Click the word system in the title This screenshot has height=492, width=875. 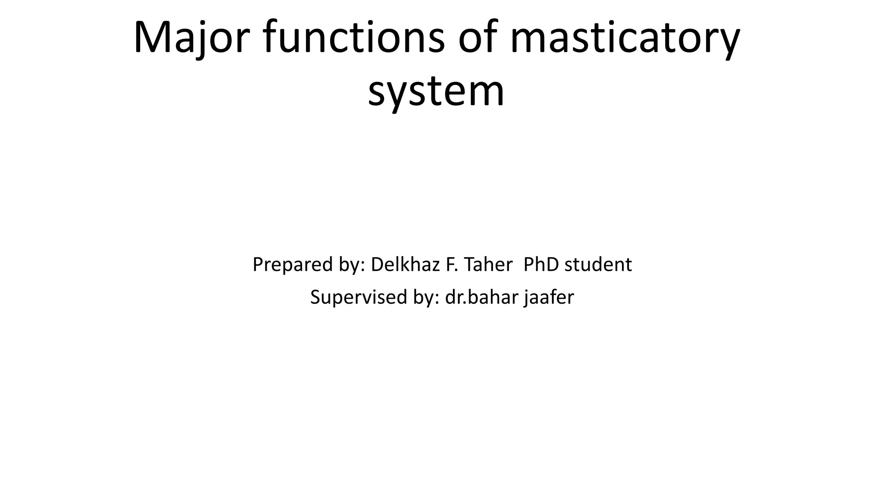pyautogui.click(x=436, y=91)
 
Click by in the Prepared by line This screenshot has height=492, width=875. pyautogui.click(x=352, y=265)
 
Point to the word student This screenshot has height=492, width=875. pyautogui.click(x=598, y=264)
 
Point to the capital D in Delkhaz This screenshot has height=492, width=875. pyautogui.click(x=377, y=264)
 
